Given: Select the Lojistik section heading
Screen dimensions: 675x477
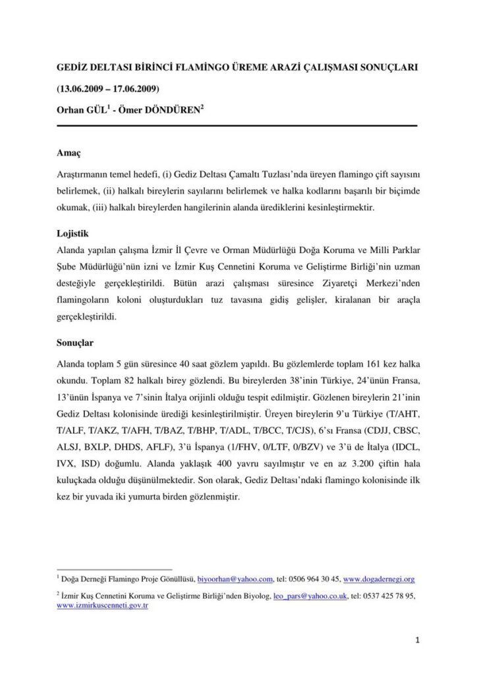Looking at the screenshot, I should point(74,234).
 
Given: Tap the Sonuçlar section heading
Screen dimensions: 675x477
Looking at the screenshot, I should point(76,344).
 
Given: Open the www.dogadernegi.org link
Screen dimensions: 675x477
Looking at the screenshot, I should point(379,579).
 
